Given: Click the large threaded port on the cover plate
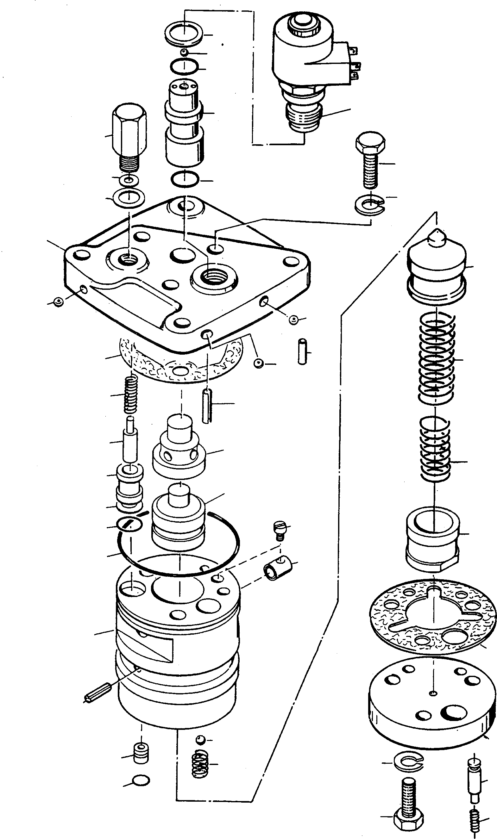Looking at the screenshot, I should [x=214, y=277].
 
